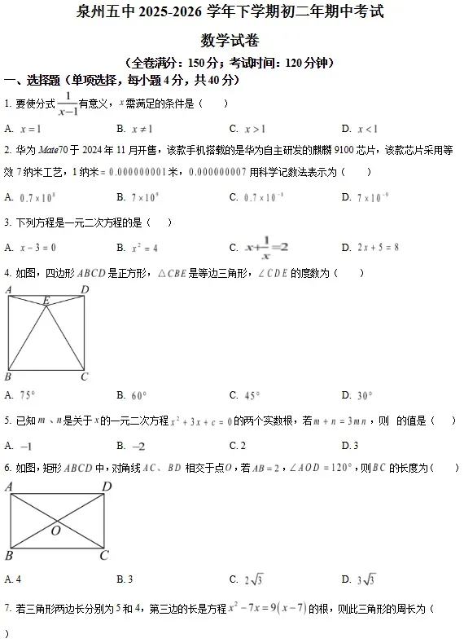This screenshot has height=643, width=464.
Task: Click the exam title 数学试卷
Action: pyautogui.click(x=232, y=38)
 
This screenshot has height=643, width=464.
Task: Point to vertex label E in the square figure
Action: pyautogui.click(x=46, y=300)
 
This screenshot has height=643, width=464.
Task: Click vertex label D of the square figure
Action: pyautogui.click(x=85, y=289)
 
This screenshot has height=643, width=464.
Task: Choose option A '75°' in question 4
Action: pyautogui.click(x=23, y=395)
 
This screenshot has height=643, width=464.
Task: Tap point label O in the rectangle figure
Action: pyautogui.click(x=55, y=531)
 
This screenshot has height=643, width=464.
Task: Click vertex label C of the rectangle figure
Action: pyautogui.click(x=103, y=556)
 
